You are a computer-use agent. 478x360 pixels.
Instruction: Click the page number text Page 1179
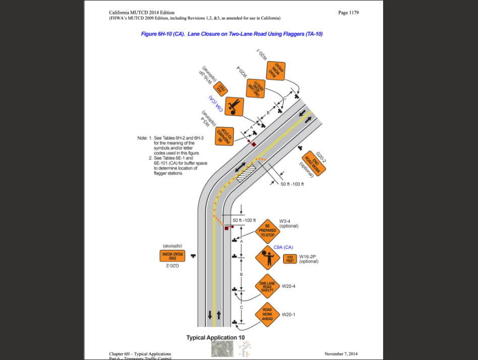tap(348, 13)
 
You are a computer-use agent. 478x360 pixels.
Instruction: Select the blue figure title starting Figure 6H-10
tap(232, 34)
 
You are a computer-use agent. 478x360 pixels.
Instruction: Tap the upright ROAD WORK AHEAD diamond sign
tap(267, 315)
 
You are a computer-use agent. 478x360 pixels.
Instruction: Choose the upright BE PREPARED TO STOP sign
tap(268, 231)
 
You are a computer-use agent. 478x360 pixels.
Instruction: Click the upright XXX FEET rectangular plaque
tap(290, 259)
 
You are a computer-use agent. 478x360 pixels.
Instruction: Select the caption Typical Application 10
tap(218, 338)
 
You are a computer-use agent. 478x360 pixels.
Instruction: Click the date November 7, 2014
tap(341, 354)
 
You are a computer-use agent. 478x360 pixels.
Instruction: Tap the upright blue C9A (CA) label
tap(283, 247)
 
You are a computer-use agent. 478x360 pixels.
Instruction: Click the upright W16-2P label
tap(308, 256)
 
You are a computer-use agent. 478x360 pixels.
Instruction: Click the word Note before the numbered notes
tap(142, 138)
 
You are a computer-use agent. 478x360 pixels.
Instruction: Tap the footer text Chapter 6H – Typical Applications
tap(140, 354)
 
